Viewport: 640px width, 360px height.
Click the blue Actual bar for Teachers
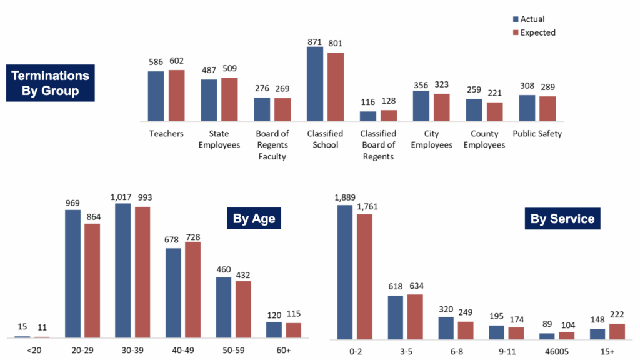(x=156, y=96)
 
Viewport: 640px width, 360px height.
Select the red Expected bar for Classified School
(x=336, y=87)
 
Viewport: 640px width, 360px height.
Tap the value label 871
(x=314, y=41)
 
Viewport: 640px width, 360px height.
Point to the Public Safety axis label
(x=537, y=134)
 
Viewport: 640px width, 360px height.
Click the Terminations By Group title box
(x=50, y=82)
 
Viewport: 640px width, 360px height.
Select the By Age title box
(x=254, y=219)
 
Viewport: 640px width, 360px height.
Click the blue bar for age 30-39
(x=123, y=270)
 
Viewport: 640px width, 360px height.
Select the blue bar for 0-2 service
(x=346, y=272)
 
